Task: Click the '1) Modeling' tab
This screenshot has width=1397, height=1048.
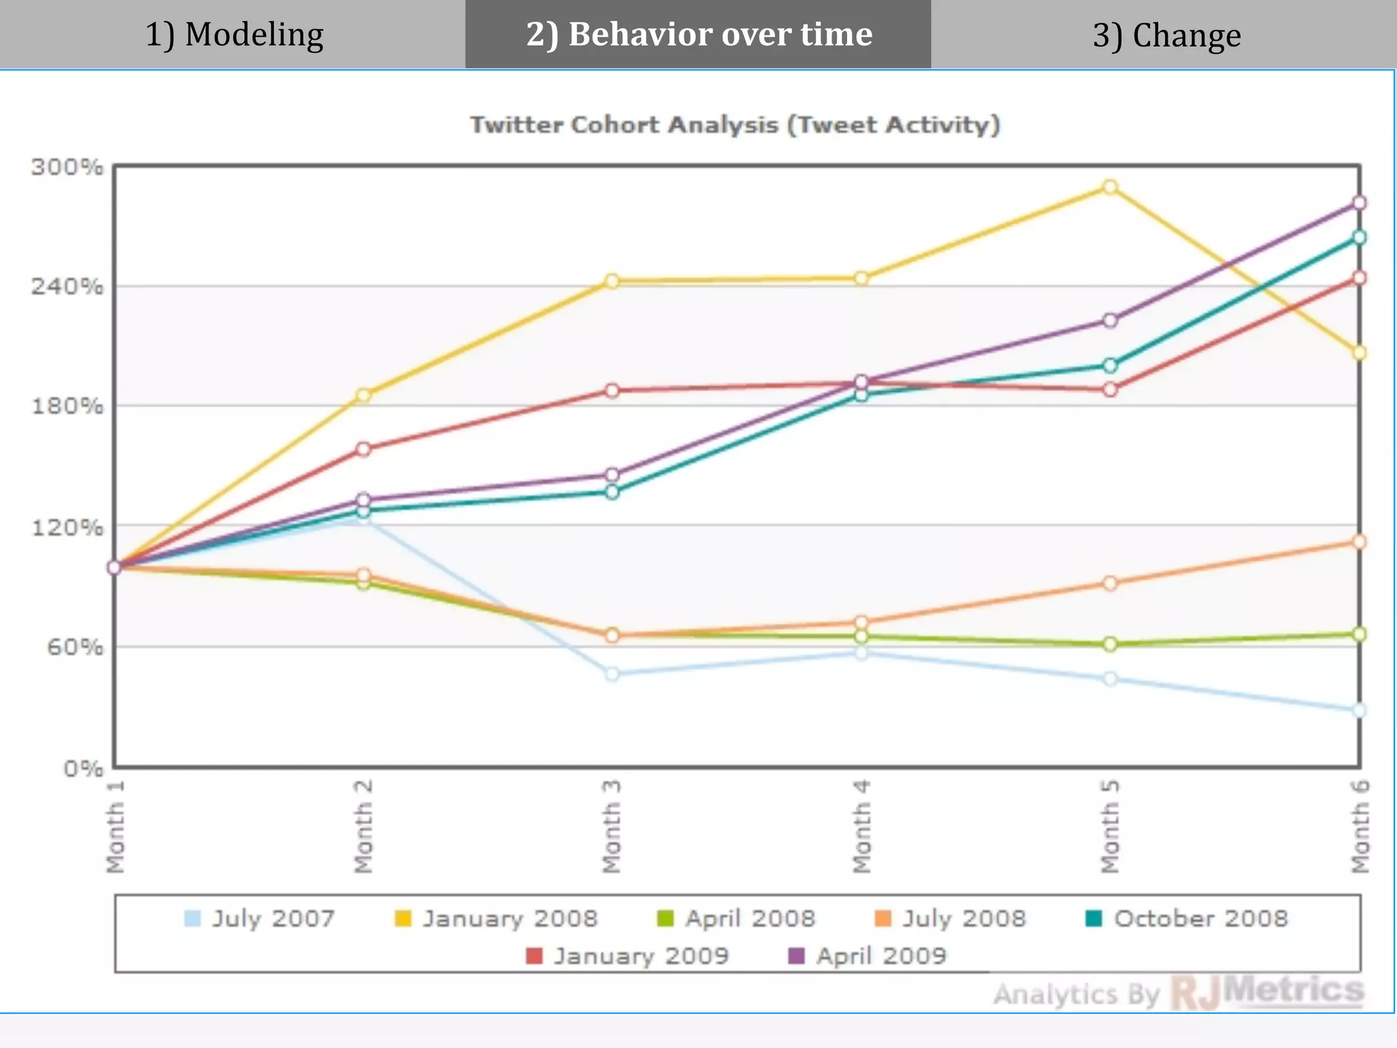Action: tap(234, 34)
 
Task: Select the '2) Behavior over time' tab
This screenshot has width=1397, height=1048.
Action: tap(698, 34)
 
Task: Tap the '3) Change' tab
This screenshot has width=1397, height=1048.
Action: tap(1166, 35)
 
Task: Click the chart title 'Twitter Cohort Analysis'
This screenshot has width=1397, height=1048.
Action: tap(735, 125)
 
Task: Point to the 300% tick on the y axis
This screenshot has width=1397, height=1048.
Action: tap(67, 166)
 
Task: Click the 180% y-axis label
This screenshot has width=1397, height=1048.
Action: tap(67, 406)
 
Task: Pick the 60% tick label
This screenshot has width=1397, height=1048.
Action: tap(75, 646)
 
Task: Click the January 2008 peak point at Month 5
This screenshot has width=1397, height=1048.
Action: tap(1110, 187)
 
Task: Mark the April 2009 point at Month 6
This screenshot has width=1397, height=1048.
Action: tap(1359, 203)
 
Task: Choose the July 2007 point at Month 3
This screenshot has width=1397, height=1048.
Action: tap(612, 674)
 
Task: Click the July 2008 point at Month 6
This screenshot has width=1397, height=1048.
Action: tap(1359, 542)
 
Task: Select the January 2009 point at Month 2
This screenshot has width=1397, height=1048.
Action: tap(364, 449)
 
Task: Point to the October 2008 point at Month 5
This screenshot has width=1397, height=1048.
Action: tap(1110, 366)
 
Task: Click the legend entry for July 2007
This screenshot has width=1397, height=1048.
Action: tap(260, 918)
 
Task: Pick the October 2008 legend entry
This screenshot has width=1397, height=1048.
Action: tap(1186, 918)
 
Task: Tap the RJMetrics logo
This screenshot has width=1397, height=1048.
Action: tap(1267, 992)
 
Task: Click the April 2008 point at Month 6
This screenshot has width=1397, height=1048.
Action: tap(1359, 635)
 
